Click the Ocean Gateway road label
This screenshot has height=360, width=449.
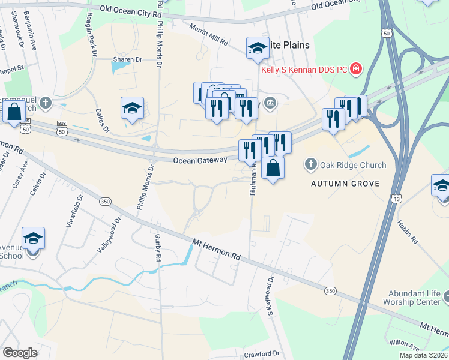[200, 160]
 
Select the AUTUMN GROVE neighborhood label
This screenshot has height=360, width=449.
[345, 183]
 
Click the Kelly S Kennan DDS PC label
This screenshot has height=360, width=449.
[304, 70]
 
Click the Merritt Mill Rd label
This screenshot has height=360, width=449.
[208, 35]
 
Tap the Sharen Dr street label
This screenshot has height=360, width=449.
[127, 60]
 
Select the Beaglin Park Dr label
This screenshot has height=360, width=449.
[92, 34]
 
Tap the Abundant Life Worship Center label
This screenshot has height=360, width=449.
[414, 298]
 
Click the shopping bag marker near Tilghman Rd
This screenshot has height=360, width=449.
[273, 169]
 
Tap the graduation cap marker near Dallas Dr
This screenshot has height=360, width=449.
[132, 109]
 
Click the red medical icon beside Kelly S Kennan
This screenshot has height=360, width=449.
[356, 69]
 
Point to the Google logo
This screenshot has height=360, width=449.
[20, 353]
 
